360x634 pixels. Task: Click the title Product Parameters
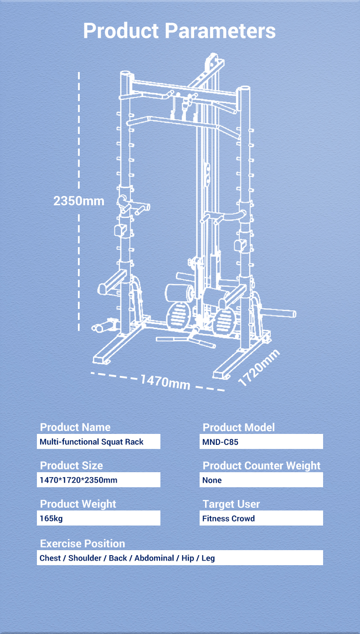[180, 31]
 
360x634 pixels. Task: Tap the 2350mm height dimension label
[79, 201]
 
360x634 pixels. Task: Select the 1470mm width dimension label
[165, 382]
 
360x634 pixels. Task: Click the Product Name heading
[75, 427]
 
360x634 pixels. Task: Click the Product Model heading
[239, 428]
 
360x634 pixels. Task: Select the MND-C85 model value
[220, 442]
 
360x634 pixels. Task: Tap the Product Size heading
[72, 466]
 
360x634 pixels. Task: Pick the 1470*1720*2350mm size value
[78, 480]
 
